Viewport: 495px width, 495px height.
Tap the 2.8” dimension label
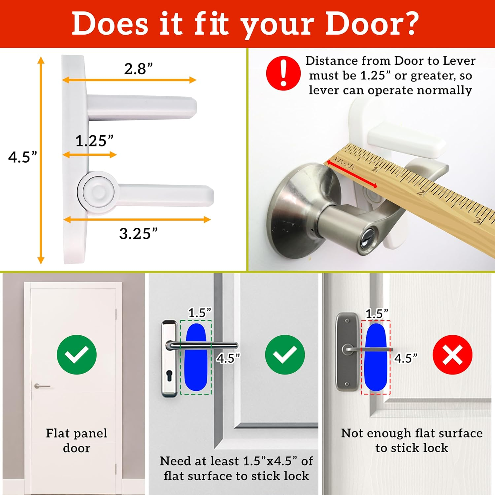(x=138, y=69)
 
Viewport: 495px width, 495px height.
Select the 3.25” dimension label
(x=138, y=234)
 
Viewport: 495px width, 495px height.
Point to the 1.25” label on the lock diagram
(x=94, y=141)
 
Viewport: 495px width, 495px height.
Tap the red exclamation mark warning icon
(x=283, y=73)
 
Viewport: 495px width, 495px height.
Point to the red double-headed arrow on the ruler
(x=351, y=175)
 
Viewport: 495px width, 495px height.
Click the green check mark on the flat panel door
(x=77, y=354)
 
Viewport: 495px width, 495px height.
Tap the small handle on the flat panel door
(x=42, y=386)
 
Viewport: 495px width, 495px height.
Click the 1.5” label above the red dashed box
(x=377, y=313)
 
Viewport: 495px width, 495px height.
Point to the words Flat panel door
(x=77, y=440)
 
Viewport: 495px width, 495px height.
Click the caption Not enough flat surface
(x=412, y=433)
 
